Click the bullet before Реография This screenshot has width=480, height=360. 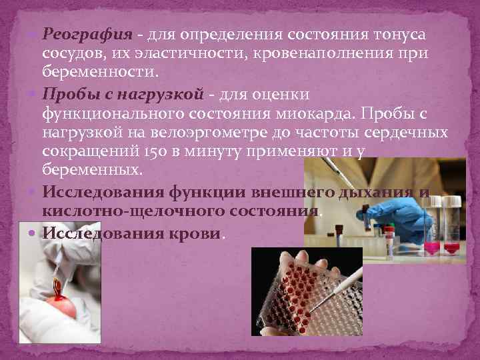(x=35, y=34)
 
